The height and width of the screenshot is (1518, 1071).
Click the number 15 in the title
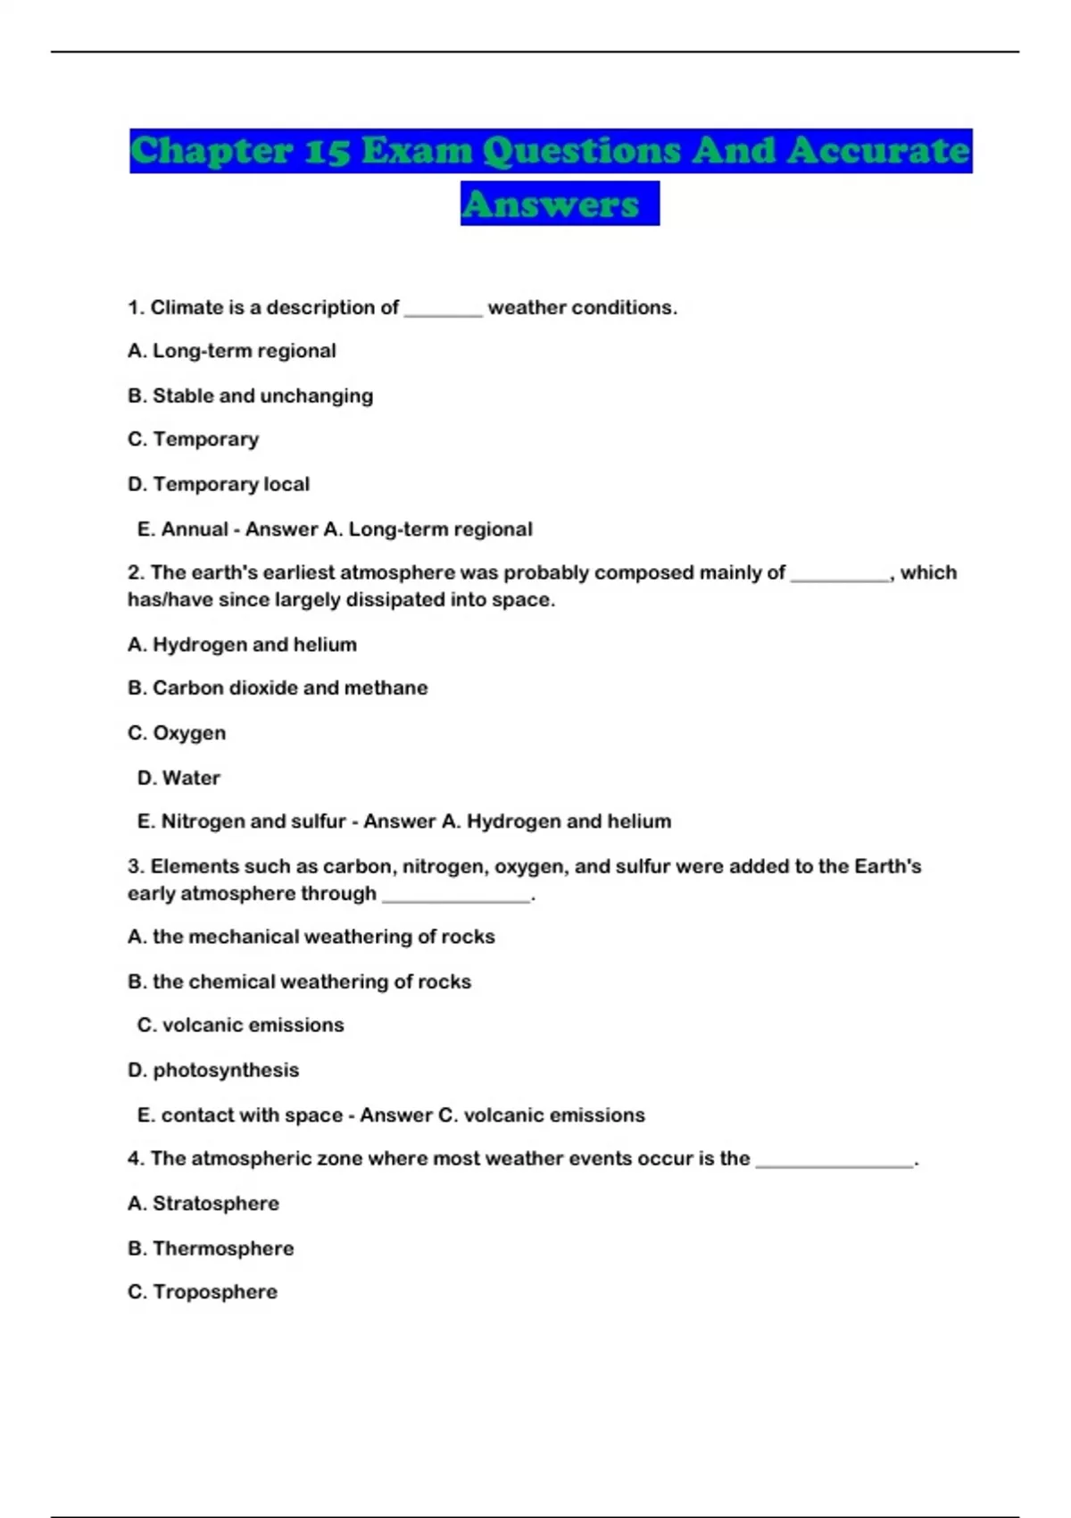pos(325,151)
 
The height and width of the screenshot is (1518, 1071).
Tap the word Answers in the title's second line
pos(551,204)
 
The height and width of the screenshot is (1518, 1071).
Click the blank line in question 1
pos(443,309)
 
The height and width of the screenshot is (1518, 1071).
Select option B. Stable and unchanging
pos(250,396)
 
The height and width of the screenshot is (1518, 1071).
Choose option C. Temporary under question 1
pos(193,439)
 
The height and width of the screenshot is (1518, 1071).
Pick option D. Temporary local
pos(219,484)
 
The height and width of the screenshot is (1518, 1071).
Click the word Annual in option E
pos(195,530)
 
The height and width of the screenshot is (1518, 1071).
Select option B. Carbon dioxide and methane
pos(278,688)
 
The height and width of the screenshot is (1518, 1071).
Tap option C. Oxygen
pos(177,733)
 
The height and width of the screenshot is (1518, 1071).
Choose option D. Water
pos(178,778)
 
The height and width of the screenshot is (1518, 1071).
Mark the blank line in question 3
pos(456,896)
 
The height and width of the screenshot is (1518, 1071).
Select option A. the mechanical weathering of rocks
pos(311,937)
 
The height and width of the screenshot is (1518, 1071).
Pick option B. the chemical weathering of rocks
pos(299,981)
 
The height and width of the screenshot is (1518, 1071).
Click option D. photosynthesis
pos(213,1070)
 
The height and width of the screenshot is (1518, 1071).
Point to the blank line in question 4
pos(834,1161)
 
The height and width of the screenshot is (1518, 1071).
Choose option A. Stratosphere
pos(203,1204)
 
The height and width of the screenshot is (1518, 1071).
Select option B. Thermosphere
pos(211,1248)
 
